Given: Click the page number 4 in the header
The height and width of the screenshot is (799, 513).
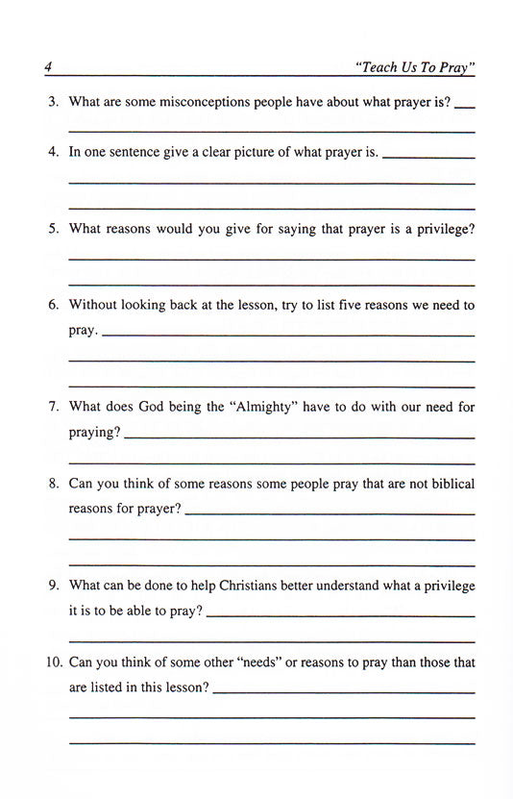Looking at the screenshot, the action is point(47,67).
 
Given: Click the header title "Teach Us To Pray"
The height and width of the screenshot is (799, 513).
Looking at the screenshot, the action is point(415,68).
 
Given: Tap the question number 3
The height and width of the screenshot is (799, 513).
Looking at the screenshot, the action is point(53,101).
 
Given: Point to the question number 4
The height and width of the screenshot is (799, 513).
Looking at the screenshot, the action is point(53,152).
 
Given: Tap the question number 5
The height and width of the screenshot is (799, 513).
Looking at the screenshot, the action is point(53,229).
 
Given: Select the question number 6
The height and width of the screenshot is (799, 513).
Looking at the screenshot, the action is point(53,305).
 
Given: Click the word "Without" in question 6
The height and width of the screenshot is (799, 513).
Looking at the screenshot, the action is point(93,305).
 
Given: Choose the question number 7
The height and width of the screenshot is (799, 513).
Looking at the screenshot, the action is point(53,407).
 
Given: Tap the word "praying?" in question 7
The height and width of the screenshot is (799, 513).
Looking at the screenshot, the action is point(94,433).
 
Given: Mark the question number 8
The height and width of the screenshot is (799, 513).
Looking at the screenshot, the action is point(53,484).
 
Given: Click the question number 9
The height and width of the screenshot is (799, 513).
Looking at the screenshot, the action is point(53,586).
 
